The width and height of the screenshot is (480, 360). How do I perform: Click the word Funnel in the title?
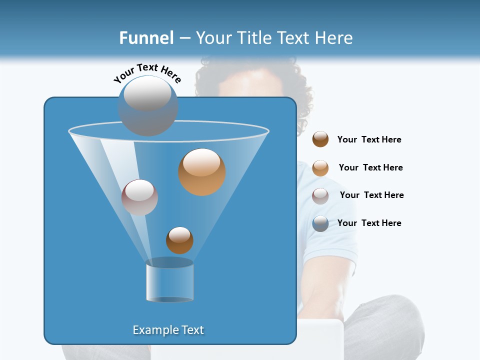pyautogui.click(x=146, y=38)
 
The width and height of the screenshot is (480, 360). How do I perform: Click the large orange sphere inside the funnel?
pyautogui.click(x=202, y=172)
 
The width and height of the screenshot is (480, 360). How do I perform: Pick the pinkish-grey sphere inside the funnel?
pyautogui.click(x=139, y=197)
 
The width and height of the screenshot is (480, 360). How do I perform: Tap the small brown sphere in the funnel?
pyautogui.click(x=179, y=240)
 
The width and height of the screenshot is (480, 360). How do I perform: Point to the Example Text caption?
pyautogui.click(x=168, y=330)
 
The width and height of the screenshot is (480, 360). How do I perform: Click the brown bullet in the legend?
pyautogui.click(x=320, y=139)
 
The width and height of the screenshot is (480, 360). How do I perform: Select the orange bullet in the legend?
pyautogui.click(x=320, y=168)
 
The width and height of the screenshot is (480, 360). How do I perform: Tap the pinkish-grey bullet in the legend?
pyautogui.click(x=320, y=195)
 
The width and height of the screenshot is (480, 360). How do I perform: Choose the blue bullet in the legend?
pyautogui.click(x=320, y=223)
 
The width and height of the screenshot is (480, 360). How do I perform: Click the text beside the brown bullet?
pyautogui.click(x=369, y=140)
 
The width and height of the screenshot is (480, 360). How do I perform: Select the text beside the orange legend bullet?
pyautogui.click(x=370, y=168)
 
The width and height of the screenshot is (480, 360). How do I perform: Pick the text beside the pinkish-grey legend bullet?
pyautogui.click(x=371, y=195)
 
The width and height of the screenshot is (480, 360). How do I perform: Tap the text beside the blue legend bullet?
pyautogui.click(x=369, y=223)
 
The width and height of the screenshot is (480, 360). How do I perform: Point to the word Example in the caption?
pyautogui.click(x=154, y=330)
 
